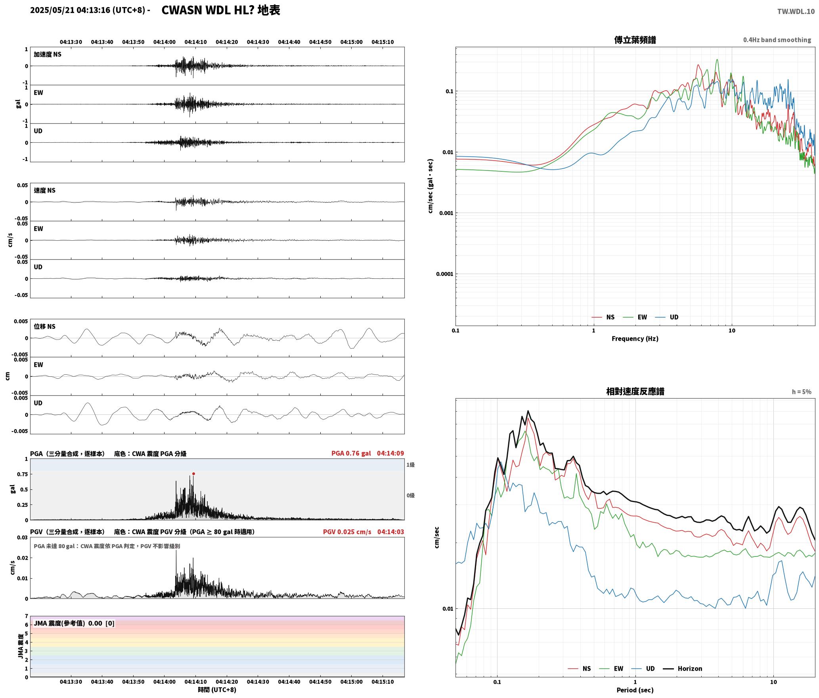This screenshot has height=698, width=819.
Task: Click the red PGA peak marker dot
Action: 193,474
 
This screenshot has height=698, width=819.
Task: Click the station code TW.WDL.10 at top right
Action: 796,12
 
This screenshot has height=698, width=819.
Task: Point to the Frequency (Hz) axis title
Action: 635,339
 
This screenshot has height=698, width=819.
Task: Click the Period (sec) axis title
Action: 635,690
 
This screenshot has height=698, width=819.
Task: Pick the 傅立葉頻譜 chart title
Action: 635,40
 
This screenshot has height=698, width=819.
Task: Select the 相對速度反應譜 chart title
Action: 635,391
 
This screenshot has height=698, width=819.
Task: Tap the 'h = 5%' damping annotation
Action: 802,392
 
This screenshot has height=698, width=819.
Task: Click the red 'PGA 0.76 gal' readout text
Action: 351,453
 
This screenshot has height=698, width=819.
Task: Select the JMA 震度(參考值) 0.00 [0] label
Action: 74,623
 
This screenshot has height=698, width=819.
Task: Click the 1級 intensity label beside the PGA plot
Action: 410,465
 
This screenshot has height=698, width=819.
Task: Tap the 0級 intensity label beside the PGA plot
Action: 410,495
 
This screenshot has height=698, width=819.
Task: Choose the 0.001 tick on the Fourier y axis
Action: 446,213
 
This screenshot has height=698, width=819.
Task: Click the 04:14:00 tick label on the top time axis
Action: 165,42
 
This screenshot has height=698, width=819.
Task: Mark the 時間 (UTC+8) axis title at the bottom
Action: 217,690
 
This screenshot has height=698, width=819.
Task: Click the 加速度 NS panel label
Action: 48,54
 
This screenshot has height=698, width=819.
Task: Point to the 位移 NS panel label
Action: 45,326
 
